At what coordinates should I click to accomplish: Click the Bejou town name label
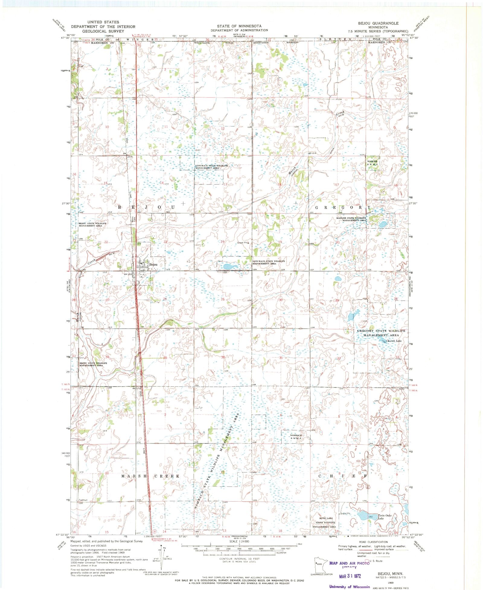[x=153, y=265]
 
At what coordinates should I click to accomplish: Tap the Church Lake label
[x=395, y=341]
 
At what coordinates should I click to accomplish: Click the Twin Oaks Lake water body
[x=364, y=515]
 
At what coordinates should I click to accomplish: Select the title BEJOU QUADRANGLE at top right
[x=378, y=23]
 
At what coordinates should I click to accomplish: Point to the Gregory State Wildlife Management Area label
[x=381, y=333]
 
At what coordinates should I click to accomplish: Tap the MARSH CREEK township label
[x=150, y=476]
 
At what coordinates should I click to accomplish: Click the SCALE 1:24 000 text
[x=239, y=541]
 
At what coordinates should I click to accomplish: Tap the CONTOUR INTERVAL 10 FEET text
[x=239, y=559]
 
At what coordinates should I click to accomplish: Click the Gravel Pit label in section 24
[x=242, y=243]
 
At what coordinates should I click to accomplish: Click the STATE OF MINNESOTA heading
[x=239, y=26]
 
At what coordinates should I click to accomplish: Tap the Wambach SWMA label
[x=296, y=437]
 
